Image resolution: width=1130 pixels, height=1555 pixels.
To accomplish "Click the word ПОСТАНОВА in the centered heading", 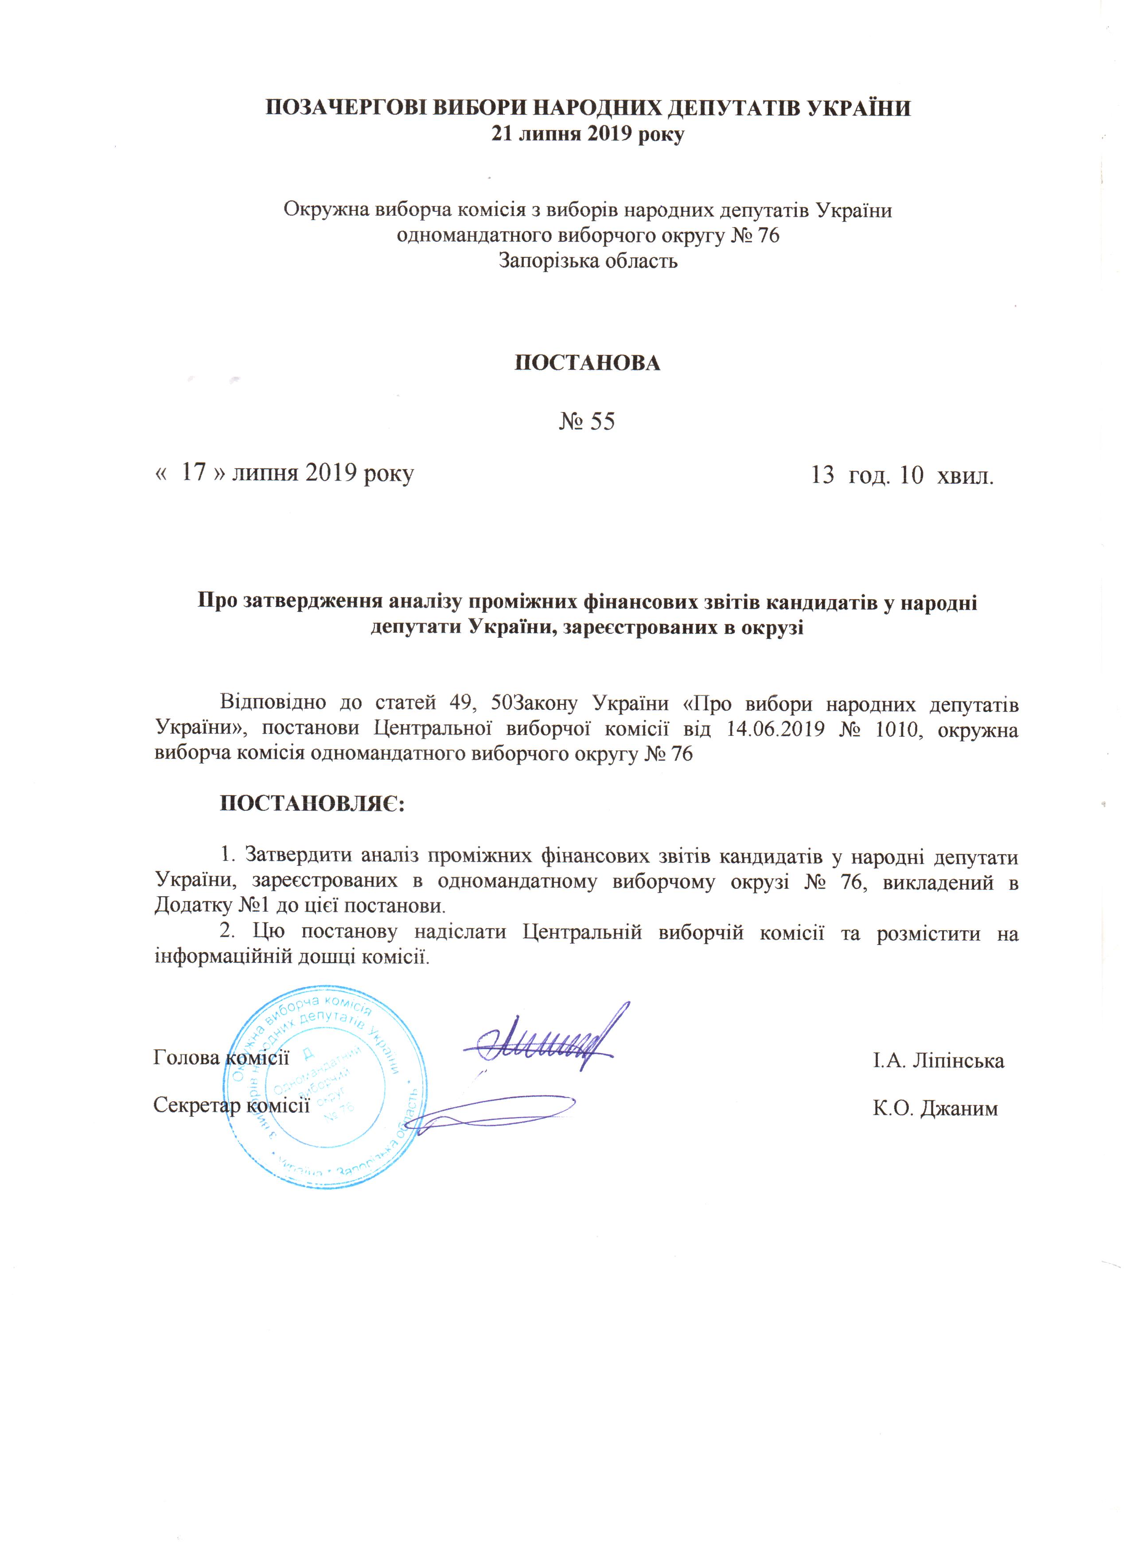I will tap(588, 363).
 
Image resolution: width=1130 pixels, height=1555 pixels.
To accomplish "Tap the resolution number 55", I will tap(602, 421).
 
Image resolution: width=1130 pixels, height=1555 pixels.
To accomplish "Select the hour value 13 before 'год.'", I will tap(823, 474).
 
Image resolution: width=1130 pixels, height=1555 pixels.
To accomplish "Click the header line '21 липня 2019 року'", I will tap(588, 134).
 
